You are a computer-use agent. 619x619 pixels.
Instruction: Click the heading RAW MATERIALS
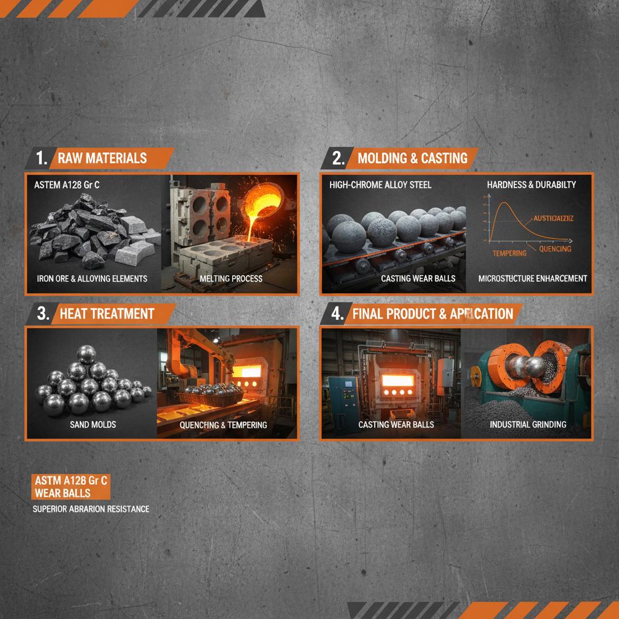pos(102,158)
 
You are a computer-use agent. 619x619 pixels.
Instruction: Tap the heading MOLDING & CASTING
pos(412,158)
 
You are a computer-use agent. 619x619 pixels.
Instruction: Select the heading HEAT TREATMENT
pos(107,314)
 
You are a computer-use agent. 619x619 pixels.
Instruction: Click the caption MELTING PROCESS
pos(231,279)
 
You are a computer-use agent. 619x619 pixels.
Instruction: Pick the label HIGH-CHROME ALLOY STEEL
pos(380,184)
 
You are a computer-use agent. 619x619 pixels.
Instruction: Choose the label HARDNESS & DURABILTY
pos(531,184)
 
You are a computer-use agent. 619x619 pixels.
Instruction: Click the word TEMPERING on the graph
pos(509,253)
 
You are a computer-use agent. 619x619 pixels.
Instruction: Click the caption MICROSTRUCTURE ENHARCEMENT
pos(533,279)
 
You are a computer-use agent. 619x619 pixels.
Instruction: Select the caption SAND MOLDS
pos(92,425)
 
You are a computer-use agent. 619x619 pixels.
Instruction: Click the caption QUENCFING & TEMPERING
pos(223,425)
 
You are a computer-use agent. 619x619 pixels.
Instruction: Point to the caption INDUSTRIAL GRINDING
pos(528,424)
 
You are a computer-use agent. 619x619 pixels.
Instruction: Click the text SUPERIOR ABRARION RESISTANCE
pos(91,509)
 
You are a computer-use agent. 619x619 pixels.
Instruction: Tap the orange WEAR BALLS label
pos(62,493)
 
